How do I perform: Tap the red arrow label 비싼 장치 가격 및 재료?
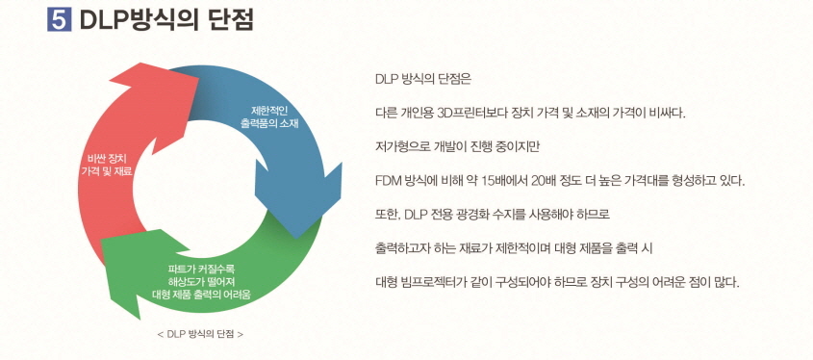[108, 163]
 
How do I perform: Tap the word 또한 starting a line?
[387, 214]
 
